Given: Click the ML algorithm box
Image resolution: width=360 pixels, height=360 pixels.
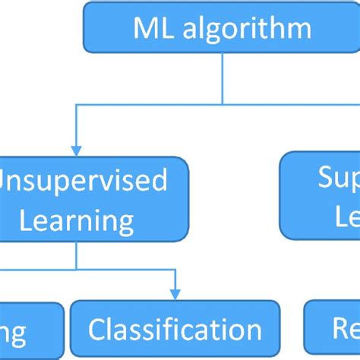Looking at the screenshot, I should (x=221, y=27).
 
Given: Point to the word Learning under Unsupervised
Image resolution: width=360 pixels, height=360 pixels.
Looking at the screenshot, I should (x=77, y=221).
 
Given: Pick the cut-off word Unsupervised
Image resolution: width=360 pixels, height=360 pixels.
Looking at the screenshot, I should (x=84, y=181).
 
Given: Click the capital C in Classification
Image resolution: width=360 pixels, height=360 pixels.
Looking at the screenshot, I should (x=98, y=330).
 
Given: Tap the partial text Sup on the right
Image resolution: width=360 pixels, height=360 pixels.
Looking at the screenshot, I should (x=338, y=181).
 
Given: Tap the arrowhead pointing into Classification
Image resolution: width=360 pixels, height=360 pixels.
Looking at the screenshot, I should (x=175, y=294).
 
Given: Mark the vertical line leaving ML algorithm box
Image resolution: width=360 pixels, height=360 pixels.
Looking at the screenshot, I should (x=221, y=76).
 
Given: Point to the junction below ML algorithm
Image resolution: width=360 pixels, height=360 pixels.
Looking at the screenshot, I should (x=221, y=103).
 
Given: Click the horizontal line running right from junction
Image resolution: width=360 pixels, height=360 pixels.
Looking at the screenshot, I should (x=289, y=103).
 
